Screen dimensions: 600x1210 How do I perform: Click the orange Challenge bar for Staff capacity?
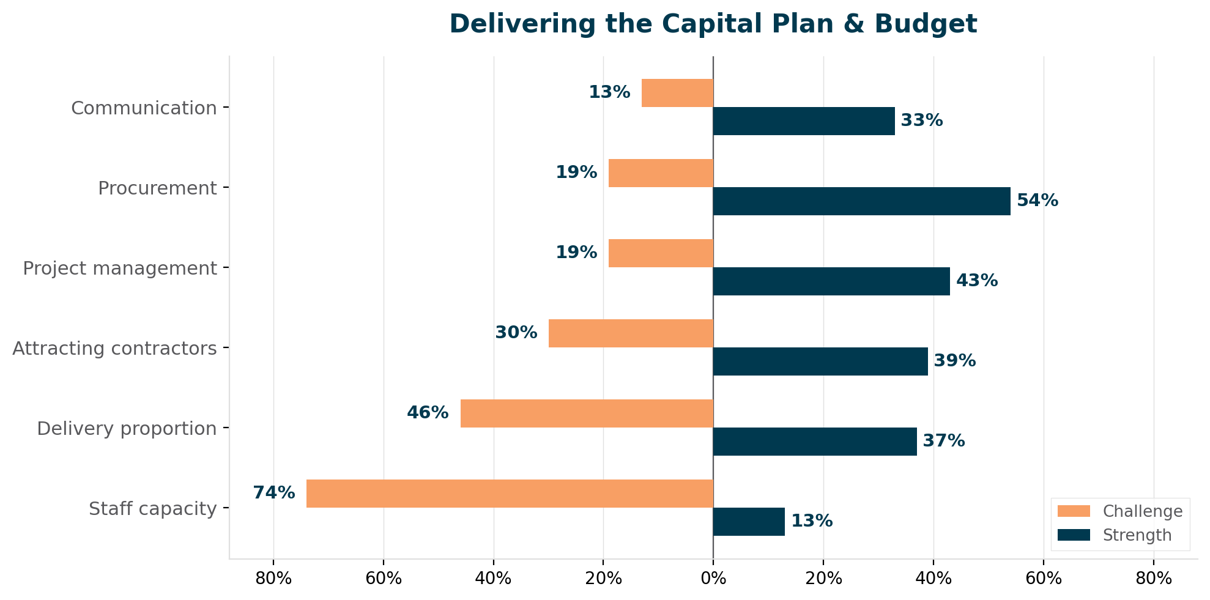pos(510,494)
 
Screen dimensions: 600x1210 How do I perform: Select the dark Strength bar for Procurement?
pos(861,201)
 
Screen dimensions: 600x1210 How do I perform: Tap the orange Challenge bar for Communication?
pos(677,93)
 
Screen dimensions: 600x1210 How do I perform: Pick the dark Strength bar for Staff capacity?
pos(749,522)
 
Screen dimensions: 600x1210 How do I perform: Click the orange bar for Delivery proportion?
pos(587,413)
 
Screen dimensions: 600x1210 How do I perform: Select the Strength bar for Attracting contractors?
pos(820,361)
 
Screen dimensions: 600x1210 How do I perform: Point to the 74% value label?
pos(274,493)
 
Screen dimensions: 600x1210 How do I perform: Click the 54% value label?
pos(1037,201)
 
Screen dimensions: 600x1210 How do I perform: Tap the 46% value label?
pos(428,413)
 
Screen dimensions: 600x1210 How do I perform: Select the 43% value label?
pos(977,281)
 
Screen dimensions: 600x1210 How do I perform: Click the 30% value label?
pos(516,333)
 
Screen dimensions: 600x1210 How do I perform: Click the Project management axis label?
pos(120,269)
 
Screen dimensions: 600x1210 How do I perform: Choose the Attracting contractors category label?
pos(114,349)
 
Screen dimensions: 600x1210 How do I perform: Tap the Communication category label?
pos(144,108)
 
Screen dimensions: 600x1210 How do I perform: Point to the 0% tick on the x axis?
pos(713,579)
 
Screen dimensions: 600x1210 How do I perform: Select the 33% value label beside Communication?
pos(922,120)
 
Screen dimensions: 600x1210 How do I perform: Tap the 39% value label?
pos(955,361)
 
